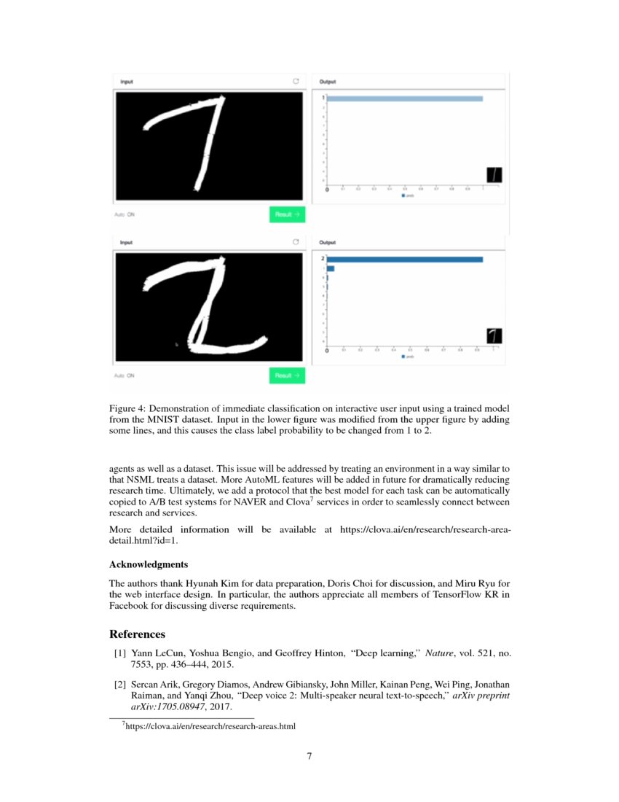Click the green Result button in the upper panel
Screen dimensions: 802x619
287,214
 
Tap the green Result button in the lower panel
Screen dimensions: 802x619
287,375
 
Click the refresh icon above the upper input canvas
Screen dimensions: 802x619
296,82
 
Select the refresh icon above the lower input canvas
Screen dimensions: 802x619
296,242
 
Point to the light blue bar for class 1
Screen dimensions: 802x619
404,98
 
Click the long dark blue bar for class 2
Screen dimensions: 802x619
404,259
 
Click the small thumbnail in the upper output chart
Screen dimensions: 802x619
494,175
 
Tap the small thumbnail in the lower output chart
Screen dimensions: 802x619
494,335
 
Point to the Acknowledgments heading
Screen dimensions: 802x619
149,564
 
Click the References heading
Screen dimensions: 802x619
137,634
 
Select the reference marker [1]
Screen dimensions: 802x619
119,654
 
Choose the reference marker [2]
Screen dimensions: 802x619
119,684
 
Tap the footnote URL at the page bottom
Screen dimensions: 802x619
211,726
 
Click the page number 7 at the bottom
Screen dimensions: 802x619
309,756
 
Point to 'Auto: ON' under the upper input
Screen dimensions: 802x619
125,215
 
